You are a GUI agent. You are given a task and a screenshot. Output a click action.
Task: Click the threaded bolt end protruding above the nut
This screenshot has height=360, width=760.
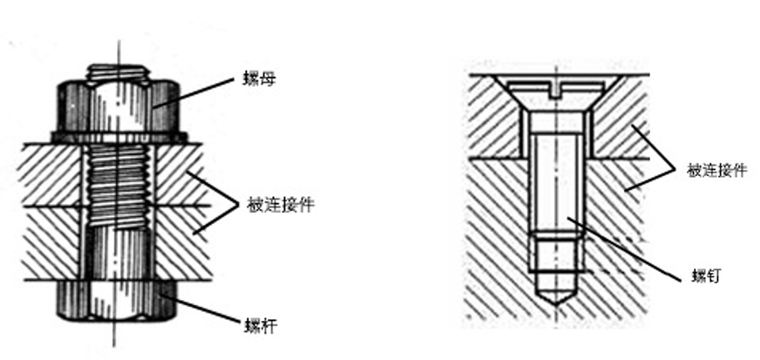pyautogui.click(x=117, y=71)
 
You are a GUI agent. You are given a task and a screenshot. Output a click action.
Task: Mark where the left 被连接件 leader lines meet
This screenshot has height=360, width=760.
pyautogui.click(x=237, y=206)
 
